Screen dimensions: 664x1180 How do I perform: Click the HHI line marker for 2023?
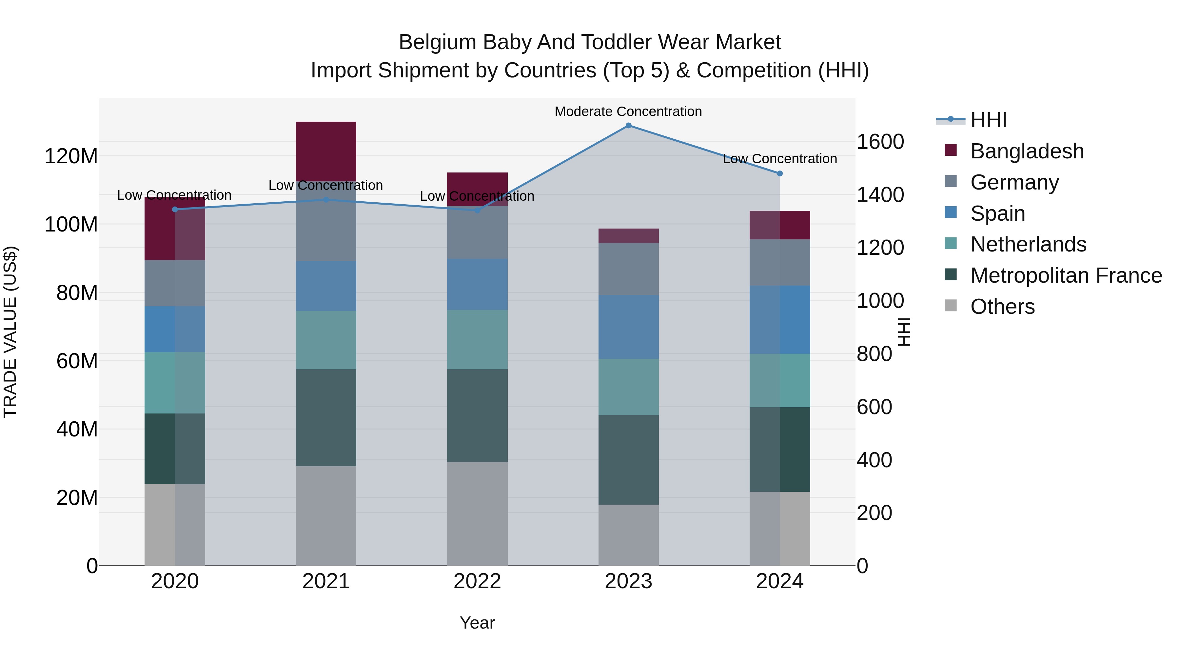(x=628, y=126)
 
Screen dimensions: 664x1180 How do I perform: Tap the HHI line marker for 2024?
(x=780, y=174)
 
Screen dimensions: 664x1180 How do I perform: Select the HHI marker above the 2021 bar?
(x=326, y=200)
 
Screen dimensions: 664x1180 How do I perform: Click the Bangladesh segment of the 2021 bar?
(x=326, y=151)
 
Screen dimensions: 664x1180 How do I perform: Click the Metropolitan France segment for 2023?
(x=628, y=460)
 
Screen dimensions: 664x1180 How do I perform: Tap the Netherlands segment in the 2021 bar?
(x=326, y=340)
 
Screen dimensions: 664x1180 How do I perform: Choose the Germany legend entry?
(x=1014, y=182)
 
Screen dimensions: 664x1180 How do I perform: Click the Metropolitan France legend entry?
(x=1066, y=275)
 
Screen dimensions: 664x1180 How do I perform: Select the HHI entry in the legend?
(x=989, y=120)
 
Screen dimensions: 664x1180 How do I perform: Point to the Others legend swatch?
(x=951, y=306)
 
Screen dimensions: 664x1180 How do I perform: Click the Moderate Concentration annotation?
(x=628, y=111)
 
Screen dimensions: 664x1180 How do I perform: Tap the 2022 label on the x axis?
(x=477, y=581)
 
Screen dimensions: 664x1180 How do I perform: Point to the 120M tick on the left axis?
(x=71, y=157)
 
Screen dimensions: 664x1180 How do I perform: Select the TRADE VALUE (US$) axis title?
(x=10, y=332)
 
